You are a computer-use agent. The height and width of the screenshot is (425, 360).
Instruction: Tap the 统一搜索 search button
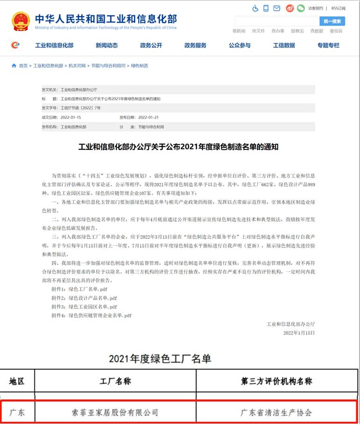tap(332, 21)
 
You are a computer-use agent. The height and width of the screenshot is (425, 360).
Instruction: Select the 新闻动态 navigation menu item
tap(106, 45)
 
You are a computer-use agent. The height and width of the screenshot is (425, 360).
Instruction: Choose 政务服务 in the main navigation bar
tap(195, 45)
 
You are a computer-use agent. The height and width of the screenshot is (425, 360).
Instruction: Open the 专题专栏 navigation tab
tap(328, 45)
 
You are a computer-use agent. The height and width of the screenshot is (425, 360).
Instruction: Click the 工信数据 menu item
tap(284, 45)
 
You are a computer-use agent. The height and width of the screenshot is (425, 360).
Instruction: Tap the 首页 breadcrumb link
tap(23, 66)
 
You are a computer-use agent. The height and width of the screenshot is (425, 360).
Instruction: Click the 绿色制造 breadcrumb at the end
tap(139, 66)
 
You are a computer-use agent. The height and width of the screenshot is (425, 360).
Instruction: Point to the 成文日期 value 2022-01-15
tap(71, 117)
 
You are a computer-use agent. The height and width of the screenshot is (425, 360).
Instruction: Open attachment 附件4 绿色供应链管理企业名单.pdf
tap(100, 315)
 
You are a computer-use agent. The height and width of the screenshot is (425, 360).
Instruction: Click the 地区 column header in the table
tap(17, 381)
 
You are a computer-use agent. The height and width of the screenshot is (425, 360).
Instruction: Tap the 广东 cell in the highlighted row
tap(17, 412)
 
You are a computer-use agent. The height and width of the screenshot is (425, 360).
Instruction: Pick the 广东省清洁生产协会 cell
tap(276, 412)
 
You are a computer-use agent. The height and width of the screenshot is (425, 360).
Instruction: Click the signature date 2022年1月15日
tap(299, 333)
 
